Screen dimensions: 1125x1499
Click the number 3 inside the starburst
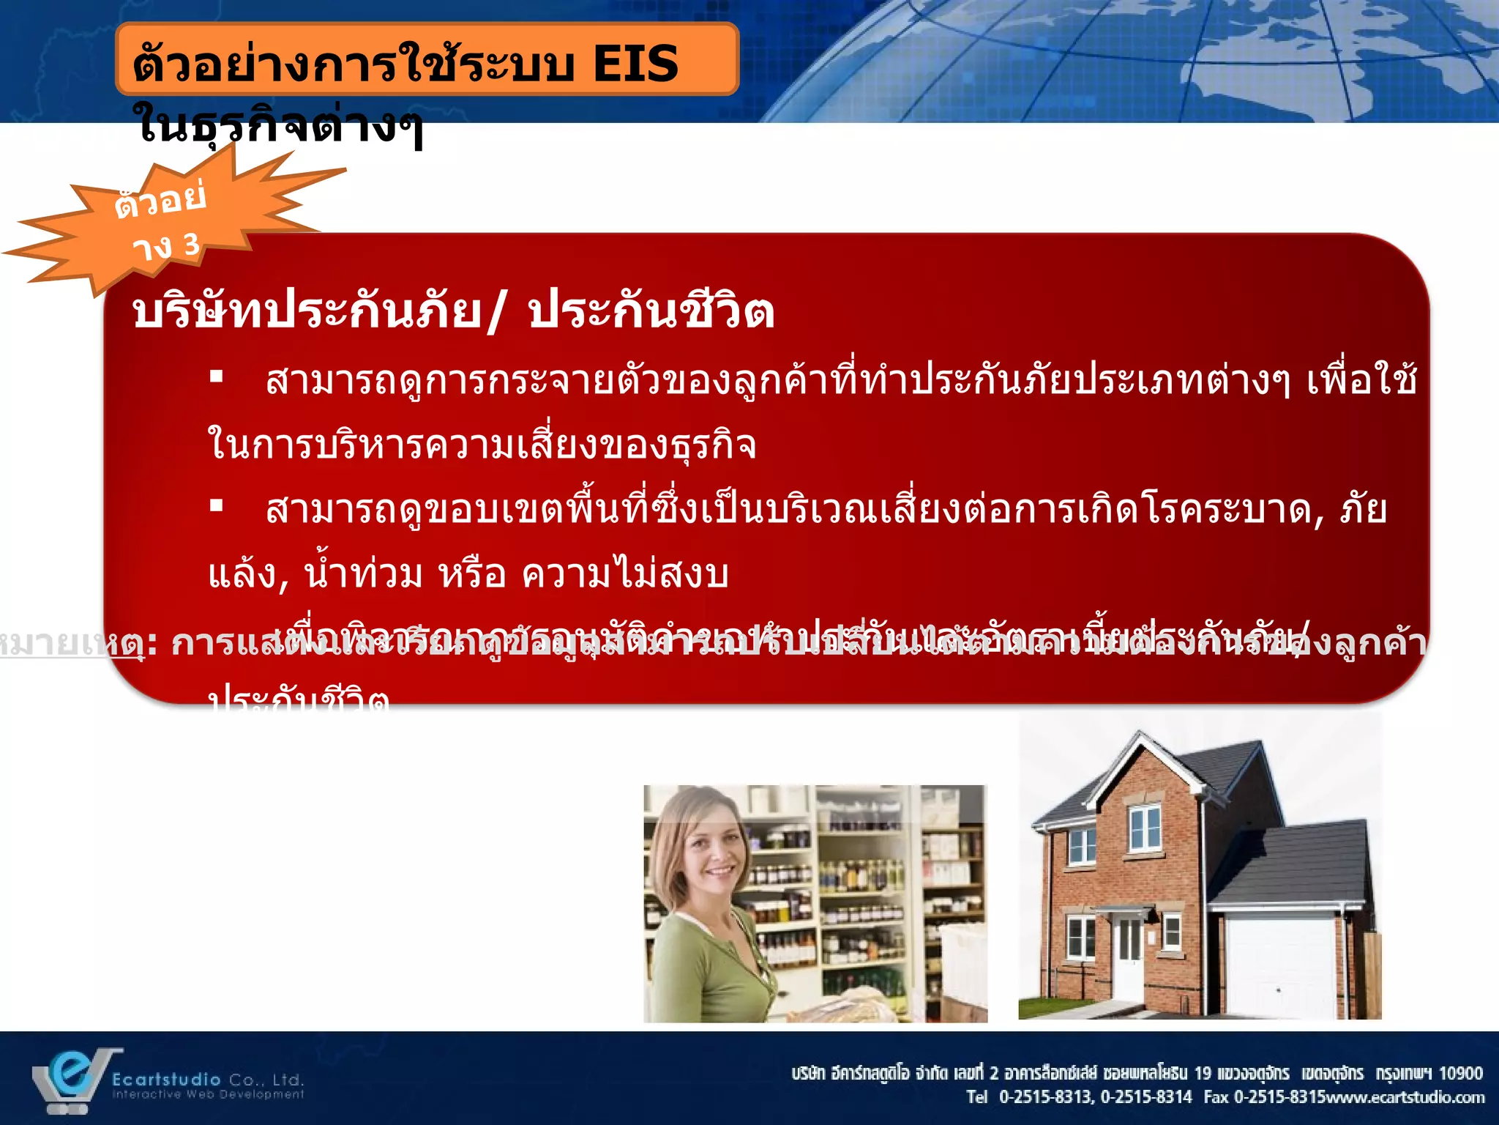[x=191, y=245]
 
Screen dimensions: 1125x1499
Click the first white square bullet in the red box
[x=216, y=377]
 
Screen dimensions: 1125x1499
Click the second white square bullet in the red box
[x=216, y=505]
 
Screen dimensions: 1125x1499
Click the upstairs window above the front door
[x=1144, y=828]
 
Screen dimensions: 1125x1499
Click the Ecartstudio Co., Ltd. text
[x=207, y=1080]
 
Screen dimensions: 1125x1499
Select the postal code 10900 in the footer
[x=1460, y=1074]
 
